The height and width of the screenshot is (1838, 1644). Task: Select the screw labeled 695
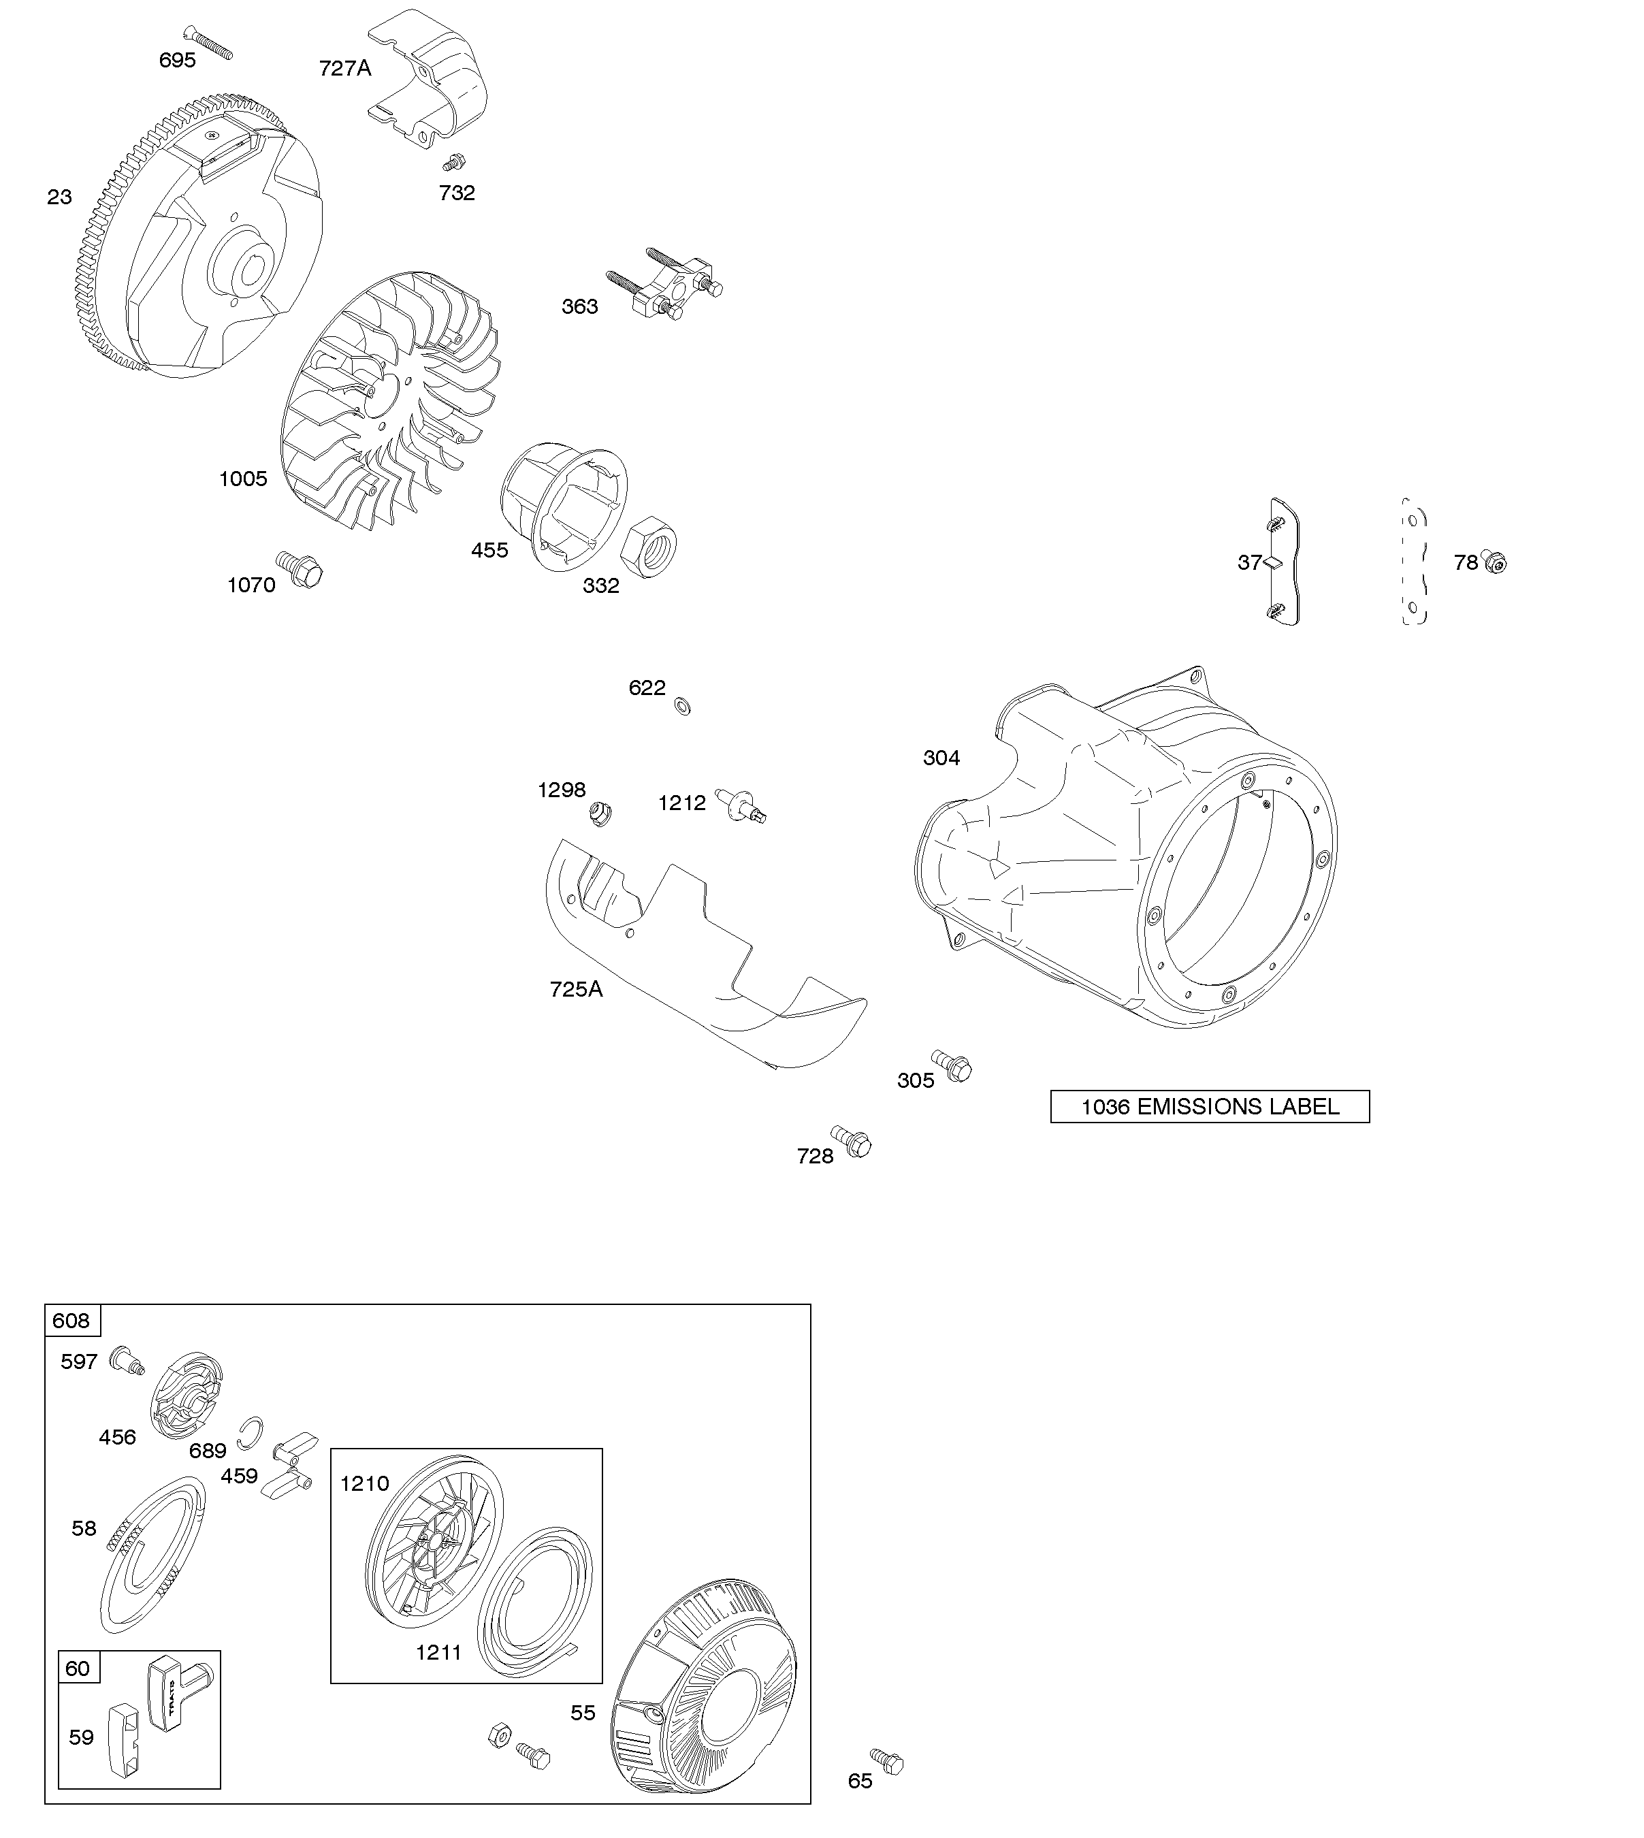(208, 42)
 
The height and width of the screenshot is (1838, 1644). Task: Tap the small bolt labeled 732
(453, 163)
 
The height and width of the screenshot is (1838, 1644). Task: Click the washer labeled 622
(683, 705)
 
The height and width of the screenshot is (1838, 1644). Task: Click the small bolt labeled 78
(1495, 563)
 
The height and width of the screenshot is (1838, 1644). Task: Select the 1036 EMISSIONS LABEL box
(1210, 1106)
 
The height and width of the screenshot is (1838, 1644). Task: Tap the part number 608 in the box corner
(71, 1321)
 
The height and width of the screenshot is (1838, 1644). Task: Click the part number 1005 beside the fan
(243, 479)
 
